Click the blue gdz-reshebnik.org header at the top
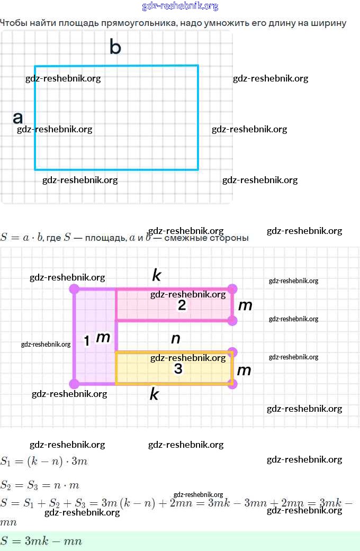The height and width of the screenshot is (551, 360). pyautogui.click(x=180, y=6)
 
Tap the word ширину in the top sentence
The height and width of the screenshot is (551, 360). pyautogui.click(x=330, y=23)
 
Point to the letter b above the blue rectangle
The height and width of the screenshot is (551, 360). pyautogui.click(x=115, y=47)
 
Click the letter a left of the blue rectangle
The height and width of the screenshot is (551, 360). pyautogui.click(x=18, y=118)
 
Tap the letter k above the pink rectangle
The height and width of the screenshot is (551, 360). pyautogui.click(x=156, y=275)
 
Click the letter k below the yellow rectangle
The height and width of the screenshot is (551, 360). pyautogui.click(x=154, y=394)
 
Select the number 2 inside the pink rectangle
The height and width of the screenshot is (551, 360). pyautogui.click(x=182, y=305)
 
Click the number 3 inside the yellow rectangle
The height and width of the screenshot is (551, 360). pyautogui.click(x=178, y=369)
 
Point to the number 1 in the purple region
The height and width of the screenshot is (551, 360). pyautogui.click(x=87, y=341)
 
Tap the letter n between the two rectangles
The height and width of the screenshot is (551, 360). pyautogui.click(x=176, y=339)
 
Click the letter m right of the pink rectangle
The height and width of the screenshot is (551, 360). pyautogui.click(x=245, y=305)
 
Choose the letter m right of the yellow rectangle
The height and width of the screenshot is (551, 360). pyautogui.click(x=244, y=370)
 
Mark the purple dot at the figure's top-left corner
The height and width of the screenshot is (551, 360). pyautogui.click(x=74, y=289)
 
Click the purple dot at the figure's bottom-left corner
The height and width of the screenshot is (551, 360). pyautogui.click(x=74, y=383)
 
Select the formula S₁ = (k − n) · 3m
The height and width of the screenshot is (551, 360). pyautogui.click(x=44, y=461)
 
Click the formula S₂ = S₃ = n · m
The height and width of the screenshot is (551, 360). pyautogui.click(x=40, y=485)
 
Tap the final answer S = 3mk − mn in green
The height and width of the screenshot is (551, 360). pyautogui.click(x=41, y=541)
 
